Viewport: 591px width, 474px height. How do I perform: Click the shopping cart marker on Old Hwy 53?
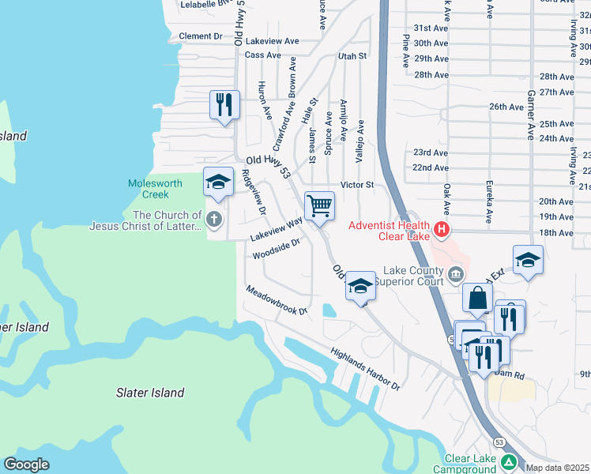319,206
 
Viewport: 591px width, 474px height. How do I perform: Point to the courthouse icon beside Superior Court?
456,275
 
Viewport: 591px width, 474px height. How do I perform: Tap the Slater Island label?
150,393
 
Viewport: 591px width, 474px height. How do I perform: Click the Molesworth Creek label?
155,189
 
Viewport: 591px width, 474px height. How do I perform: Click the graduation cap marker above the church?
218,182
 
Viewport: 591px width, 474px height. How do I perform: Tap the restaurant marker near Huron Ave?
224,104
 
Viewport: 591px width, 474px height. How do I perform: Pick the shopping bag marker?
477,298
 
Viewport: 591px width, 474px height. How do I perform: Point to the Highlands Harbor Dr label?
366,370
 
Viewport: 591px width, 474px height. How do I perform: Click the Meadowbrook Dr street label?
277,300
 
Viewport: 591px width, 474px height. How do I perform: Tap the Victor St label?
356,185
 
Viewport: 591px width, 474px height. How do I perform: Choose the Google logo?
26,465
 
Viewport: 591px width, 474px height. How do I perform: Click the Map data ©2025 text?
556,468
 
